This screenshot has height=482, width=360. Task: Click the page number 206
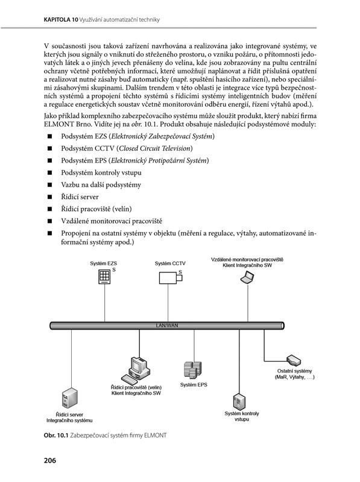tap(50, 460)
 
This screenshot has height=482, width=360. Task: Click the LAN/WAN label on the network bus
tap(167, 325)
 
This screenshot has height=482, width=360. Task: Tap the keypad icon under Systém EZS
tap(104, 277)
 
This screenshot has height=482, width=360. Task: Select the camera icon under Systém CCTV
tap(171, 278)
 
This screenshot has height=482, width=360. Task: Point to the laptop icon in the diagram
tap(247, 278)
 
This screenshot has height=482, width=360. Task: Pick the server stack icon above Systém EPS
tap(192, 370)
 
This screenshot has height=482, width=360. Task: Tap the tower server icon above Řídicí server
tap(69, 398)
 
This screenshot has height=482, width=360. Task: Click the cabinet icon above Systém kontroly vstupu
tap(239, 401)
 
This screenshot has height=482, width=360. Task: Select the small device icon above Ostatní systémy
tap(294, 360)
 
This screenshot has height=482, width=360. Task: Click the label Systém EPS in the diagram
tap(194, 384)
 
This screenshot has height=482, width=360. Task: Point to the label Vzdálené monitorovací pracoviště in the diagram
tap(247, 260)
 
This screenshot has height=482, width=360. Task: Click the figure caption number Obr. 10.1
tap(55, 435)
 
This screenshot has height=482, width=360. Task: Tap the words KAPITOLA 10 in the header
tap(61, 20)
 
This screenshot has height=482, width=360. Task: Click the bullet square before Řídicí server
tap(49, 197)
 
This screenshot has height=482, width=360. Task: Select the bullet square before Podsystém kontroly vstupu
tap(49, 172)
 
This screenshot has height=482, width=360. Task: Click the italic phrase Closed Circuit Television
tap(155, 148)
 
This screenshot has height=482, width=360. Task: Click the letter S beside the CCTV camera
tap(180, 272)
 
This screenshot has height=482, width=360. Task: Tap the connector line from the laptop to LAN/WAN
tap(248, 303)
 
